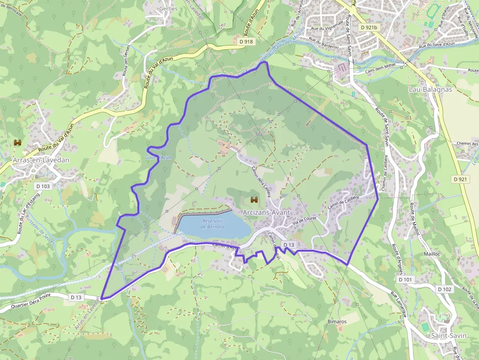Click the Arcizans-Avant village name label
point(266,212)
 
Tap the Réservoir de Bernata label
point(213,224)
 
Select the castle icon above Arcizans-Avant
point(254,200)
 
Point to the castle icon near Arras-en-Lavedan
point(19,142)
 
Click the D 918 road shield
point(247,42)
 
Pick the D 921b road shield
point(369,28)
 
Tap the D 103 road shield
point(43,186)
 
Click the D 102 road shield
point(445,289)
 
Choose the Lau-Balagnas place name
point(430,90)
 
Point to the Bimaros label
point(337,322)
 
